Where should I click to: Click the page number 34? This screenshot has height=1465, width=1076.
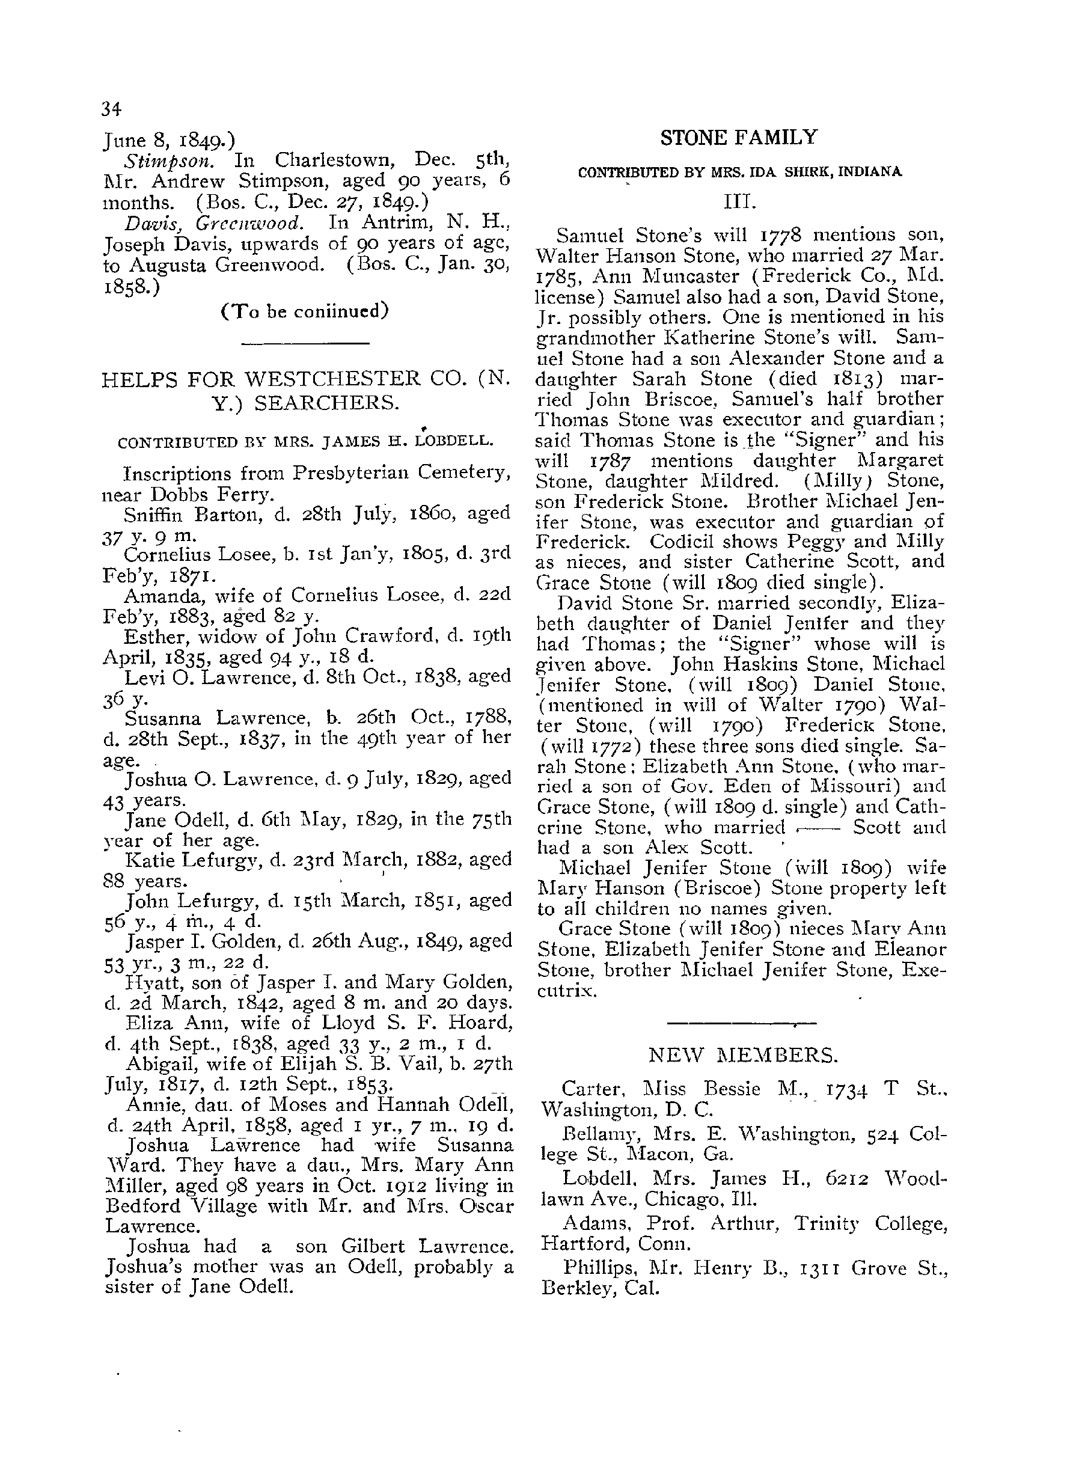tap(111, 109)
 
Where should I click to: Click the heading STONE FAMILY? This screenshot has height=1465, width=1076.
tap(738, 138)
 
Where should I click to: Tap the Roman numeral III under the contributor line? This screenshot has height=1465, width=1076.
tap(739, 203)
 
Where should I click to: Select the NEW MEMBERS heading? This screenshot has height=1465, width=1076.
tap(743, 1054)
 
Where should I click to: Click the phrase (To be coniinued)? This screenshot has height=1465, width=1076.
tap(305, 311)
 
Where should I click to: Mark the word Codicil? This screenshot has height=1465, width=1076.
tap(686, 542)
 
